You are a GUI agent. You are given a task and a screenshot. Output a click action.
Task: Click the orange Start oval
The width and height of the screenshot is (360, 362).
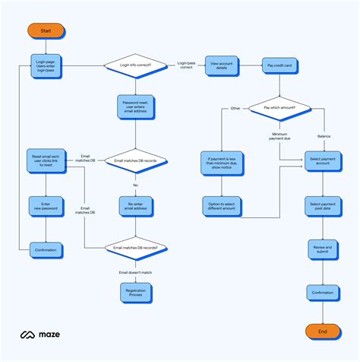tap(46, 31)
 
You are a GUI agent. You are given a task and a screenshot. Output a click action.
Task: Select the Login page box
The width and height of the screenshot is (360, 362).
tap(46, 66)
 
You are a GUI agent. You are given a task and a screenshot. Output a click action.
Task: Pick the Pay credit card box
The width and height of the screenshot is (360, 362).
tap(279, 66)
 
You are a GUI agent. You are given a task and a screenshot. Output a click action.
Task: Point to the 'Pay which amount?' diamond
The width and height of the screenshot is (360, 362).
tap(279, 109)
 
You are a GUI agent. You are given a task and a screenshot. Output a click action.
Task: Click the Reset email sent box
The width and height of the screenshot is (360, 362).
tap(46, 162)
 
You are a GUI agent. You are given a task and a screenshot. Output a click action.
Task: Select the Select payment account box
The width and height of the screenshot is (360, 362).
tap(323, 162)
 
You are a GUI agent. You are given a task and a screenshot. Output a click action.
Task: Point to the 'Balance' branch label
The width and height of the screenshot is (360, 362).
tap(324, 136)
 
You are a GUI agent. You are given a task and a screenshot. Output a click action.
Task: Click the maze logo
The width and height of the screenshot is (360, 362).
tap(40, 334)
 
